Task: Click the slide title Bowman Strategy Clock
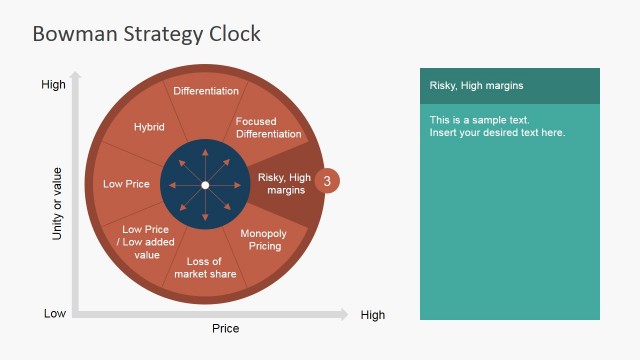pos(146,33)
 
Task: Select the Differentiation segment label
pos(206,91)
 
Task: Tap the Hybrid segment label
pos(149,127)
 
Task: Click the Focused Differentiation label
pos(268,128)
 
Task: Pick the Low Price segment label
pos(126,184)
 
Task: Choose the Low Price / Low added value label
pos(147,242)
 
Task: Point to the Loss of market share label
pos(205,268)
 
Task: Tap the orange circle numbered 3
pos(327,181)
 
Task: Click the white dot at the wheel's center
pos(205,185)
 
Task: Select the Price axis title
pos(225,328)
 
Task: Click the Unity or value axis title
pos(57,203)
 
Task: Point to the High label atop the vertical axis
pos(53,85)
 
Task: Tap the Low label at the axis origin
pos(55,314)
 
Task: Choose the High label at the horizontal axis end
pos(372,315)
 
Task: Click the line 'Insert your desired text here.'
pos(497,132)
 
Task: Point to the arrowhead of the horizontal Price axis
pos(343,315)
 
